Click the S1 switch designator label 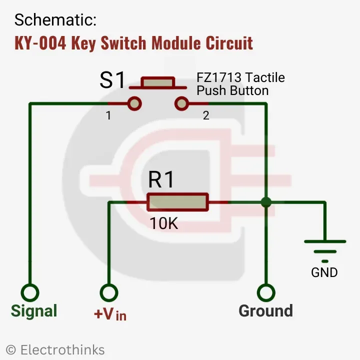click(112, 80)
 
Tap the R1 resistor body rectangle click(177, 202)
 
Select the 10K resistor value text click(164, 224)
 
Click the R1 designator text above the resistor click(161, 179)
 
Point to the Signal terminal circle click(30, 292)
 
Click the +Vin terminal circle click(109, 292)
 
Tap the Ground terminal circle click(266, 292)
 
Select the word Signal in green click(34, 311)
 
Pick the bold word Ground click(265, 311)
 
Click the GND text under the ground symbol click(324, 272)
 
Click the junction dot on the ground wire click(266, 202)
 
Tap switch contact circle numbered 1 click(134, 103)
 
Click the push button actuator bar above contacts click(157, 81)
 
